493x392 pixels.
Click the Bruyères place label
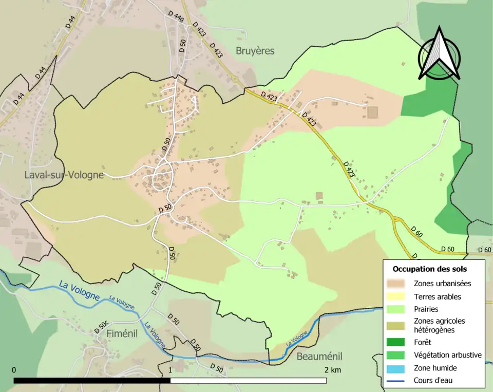255,51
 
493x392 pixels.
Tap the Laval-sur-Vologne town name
64,175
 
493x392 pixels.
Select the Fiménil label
122,333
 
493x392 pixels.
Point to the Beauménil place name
319,357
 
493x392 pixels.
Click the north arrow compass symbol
439,53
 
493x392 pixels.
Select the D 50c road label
101,327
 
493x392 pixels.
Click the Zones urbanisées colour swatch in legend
399,283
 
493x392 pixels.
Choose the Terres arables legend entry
437,296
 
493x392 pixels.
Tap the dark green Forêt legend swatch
399,342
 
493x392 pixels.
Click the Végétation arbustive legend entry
447,354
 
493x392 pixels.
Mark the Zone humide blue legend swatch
399,368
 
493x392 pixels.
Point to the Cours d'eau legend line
399,381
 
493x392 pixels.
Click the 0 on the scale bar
14,370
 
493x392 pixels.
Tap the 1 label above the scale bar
170,370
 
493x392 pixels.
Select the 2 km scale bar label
332,370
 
